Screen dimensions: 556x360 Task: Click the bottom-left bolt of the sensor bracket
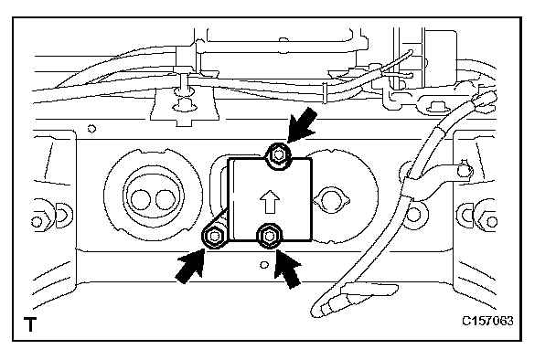(214, 237)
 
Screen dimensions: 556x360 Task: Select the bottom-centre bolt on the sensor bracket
(270, 235)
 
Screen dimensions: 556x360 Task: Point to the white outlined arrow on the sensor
(270, 202)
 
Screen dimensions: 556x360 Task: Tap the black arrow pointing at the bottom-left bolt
(191, 266)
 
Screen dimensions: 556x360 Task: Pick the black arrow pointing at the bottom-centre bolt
(288, 269)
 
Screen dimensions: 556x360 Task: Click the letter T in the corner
(30, 324)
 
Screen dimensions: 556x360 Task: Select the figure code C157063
(487, 321)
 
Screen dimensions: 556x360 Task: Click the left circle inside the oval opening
(141, 199)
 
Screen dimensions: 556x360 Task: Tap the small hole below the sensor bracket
(263, 265)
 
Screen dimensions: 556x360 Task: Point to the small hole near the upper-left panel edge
(91, 128)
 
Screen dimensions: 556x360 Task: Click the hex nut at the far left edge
(37, 222)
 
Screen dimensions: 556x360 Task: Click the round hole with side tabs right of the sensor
(331, 200)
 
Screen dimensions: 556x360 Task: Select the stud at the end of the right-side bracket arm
(464, 170)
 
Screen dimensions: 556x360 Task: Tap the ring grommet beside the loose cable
(414, 215)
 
